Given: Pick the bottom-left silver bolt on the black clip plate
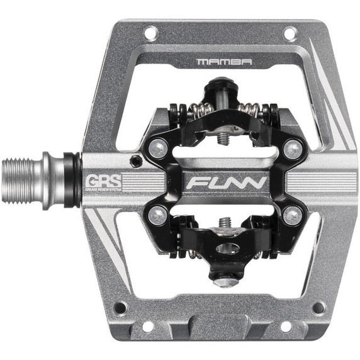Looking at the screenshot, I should [157, 216].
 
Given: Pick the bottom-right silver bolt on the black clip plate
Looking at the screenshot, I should [290, 215].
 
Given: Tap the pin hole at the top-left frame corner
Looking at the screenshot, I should [150, 31].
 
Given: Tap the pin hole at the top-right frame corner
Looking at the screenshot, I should [289, 31].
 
